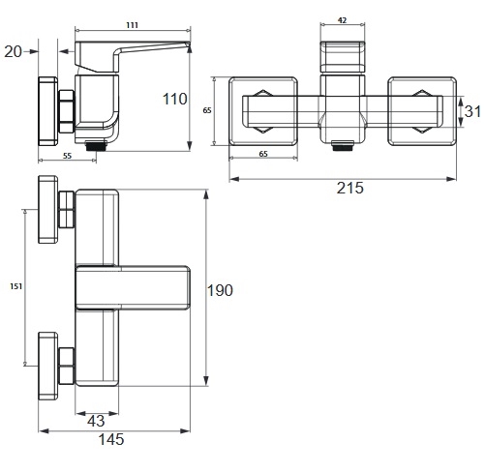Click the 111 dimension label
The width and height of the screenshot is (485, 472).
coord(133,25)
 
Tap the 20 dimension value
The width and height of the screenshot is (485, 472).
coord(14,51)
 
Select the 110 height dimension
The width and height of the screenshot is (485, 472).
coord(174,99)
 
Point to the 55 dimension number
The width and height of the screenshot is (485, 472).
coord(67,156)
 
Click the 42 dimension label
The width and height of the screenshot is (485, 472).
coord(342,20)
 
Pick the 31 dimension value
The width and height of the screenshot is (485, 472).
coord(472,111)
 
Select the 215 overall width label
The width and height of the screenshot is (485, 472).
coord(350,188)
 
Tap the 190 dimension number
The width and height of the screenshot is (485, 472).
coord(220,290)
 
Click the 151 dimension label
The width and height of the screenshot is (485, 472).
coord(15,286)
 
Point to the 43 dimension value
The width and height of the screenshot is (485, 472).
coord(96,421)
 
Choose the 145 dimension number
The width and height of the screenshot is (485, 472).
coord(111,439)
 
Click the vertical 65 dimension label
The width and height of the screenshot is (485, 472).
coord(207,110)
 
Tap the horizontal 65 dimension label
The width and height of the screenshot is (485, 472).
coord(263,154)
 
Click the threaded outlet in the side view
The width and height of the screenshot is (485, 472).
coord(97,146)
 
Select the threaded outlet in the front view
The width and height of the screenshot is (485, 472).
coord(343,146)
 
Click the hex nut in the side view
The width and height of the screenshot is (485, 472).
coord(67,111)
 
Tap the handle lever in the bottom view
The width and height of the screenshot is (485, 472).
coord(133,287)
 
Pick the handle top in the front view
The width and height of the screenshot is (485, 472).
coord(343,57)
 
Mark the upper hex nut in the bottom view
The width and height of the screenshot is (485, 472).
coord(67,210)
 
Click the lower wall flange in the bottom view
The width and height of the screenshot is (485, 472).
coord(48,367)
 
